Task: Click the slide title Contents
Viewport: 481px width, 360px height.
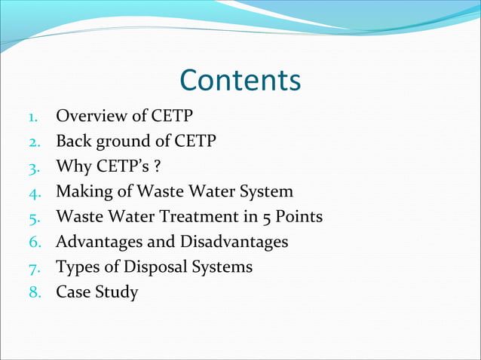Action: point(240,81)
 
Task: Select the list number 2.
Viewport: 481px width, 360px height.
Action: point(33,142)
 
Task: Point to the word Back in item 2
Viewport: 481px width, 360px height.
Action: point(73,141)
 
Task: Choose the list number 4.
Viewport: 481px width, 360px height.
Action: point(33,192)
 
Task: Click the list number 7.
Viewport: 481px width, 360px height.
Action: point(33,267)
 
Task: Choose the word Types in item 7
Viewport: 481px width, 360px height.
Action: point(76,267)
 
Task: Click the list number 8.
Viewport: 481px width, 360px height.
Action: point(33,292)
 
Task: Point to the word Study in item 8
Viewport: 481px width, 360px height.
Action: point(116,292)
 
